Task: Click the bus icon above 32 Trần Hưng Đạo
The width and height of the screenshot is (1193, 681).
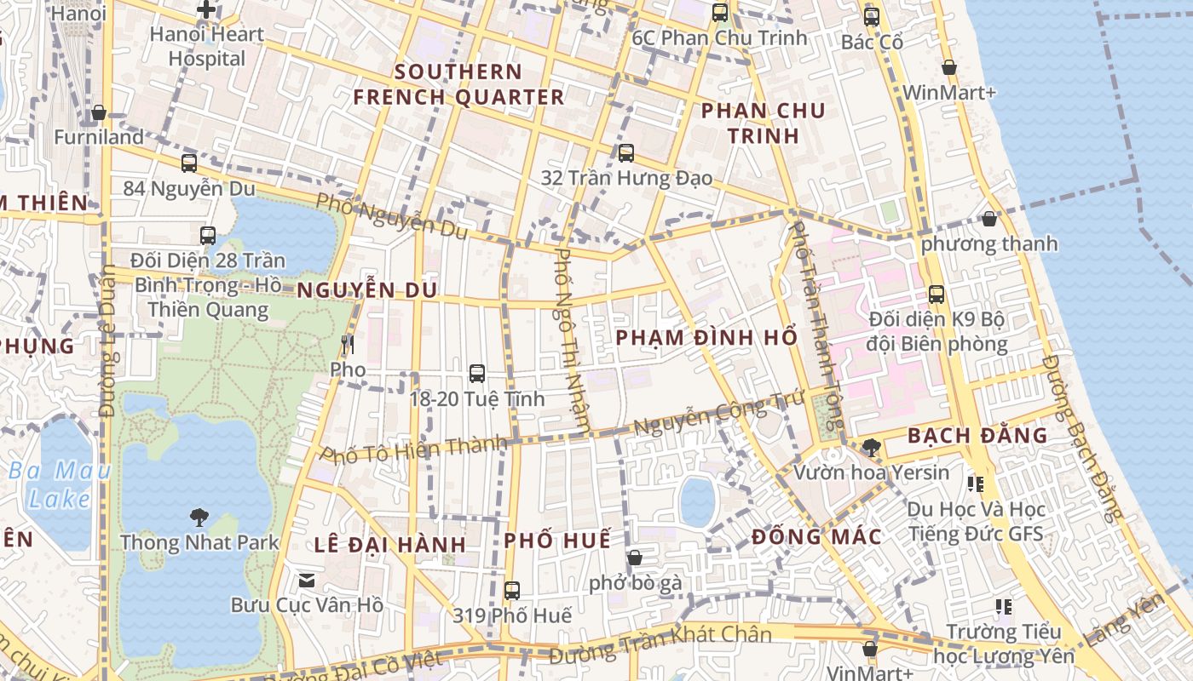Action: click(626, 153)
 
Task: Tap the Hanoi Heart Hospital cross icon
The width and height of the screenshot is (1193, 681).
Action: click(206, 10)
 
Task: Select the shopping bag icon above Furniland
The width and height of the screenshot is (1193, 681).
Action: click(99, 112)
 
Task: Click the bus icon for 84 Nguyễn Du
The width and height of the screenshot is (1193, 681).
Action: click(189, 163)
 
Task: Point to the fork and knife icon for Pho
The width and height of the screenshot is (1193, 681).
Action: click(347, 345)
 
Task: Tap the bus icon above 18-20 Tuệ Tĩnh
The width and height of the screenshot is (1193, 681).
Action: click(477, 373)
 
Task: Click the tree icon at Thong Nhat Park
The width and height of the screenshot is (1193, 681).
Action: click(199, 516)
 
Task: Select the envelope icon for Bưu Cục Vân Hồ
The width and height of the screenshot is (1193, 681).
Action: click(307, 581)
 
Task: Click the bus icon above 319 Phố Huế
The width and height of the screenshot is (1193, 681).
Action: click(511, 590)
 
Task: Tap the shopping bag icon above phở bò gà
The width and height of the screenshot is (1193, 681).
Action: click(634, 558)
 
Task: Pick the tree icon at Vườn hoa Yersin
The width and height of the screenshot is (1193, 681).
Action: click(871, 447)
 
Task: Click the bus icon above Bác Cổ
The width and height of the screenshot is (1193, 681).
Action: click(871, 16)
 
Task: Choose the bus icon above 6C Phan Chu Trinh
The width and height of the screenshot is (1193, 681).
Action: click(720, 13)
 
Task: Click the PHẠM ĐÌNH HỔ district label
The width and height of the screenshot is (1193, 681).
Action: click(706, 337)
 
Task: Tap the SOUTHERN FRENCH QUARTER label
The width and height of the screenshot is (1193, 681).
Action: click(458, 84)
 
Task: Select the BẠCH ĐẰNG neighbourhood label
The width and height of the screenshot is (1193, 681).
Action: click(977, 435)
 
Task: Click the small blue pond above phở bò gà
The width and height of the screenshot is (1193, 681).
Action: click(697, 501)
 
